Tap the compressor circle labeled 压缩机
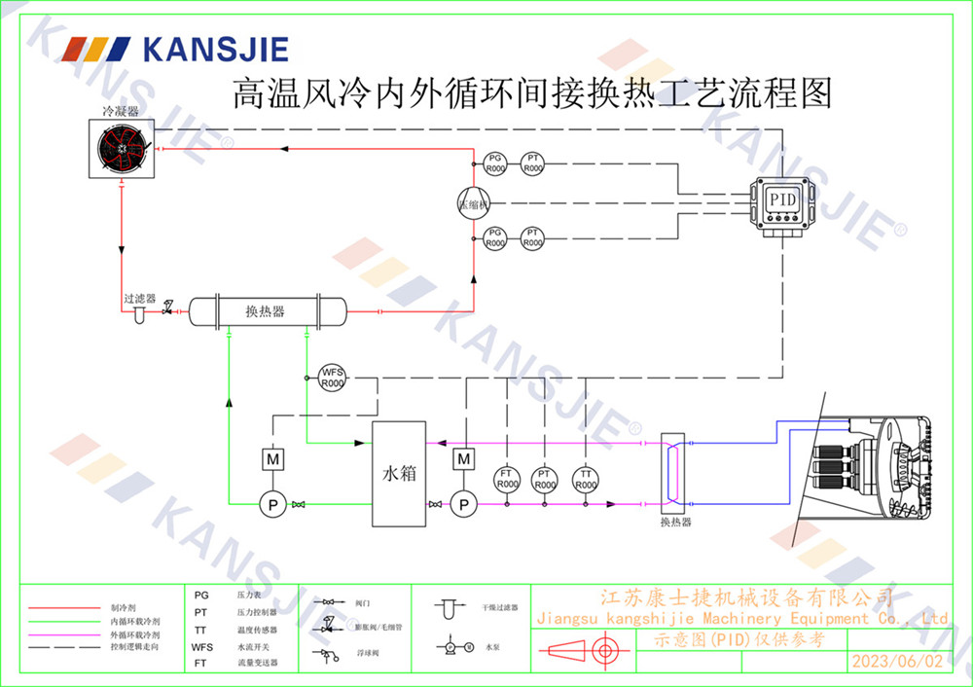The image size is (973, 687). point(474,203)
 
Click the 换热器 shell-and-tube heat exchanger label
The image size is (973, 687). point(265,311)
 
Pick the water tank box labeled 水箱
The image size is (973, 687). point(399,474)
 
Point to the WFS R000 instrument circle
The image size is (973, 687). point(333,378)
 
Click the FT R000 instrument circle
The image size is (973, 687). point(506,479)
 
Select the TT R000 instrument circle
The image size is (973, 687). point(585,479)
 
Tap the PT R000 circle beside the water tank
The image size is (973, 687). point(545,479)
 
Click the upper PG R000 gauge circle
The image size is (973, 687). point(495,163)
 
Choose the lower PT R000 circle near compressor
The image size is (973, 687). point(532,237)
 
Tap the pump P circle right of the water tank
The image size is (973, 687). point(464,503)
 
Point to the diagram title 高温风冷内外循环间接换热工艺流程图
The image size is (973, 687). point(531,94)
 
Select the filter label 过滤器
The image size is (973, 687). point(139,299)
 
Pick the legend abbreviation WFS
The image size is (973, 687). point(201,646)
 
